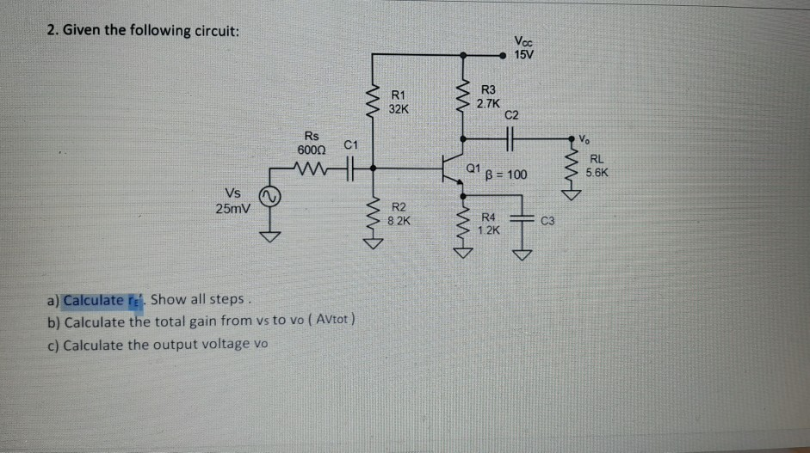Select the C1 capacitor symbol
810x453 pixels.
pos(349,168)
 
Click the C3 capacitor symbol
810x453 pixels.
pos(521,220)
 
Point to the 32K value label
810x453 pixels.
pos(399,109)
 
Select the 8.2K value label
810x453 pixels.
pos(399,221)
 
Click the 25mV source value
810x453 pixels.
pos(232,208)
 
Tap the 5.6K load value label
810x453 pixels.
pos(597,172)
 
